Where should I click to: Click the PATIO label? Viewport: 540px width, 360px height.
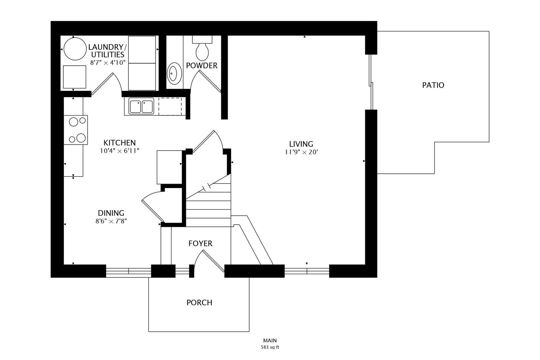(x=433, y=85)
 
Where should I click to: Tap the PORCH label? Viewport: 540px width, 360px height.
(x=199, y=302)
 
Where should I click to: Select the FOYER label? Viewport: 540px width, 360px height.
(x=200, y=243)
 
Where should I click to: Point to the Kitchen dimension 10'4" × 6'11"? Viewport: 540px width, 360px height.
(x=119, y=151)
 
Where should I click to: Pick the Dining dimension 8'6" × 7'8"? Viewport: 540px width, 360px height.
(x=111, y=221)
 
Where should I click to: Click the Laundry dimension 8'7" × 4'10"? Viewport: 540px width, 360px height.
(x=108, y=62)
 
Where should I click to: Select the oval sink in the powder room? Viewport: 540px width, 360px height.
(x=173, y=73)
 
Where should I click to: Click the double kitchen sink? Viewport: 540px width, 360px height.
(x=141, y=107)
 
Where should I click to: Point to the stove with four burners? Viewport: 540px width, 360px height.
(x=76, y=130)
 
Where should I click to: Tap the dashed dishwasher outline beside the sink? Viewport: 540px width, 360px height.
(x=170, y=106)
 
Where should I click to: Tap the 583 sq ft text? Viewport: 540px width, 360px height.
(x=270, y=347)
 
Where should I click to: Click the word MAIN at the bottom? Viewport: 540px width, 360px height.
(x=270, y=341)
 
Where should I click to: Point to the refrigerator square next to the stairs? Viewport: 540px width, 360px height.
(x=169, y=167)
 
